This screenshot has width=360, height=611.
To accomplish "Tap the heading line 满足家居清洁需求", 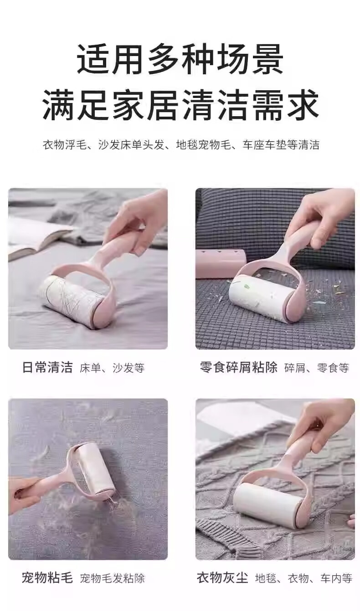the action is point(180,104).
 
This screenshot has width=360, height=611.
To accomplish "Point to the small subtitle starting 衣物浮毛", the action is point(181,145).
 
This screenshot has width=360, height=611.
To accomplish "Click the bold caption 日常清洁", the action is point(47,367).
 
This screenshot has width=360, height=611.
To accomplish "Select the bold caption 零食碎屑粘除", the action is point(238,367).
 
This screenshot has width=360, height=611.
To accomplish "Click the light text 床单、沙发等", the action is point(112,368).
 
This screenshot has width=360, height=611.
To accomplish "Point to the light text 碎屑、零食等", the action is point(317,368).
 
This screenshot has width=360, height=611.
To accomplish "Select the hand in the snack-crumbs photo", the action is point(327,218).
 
